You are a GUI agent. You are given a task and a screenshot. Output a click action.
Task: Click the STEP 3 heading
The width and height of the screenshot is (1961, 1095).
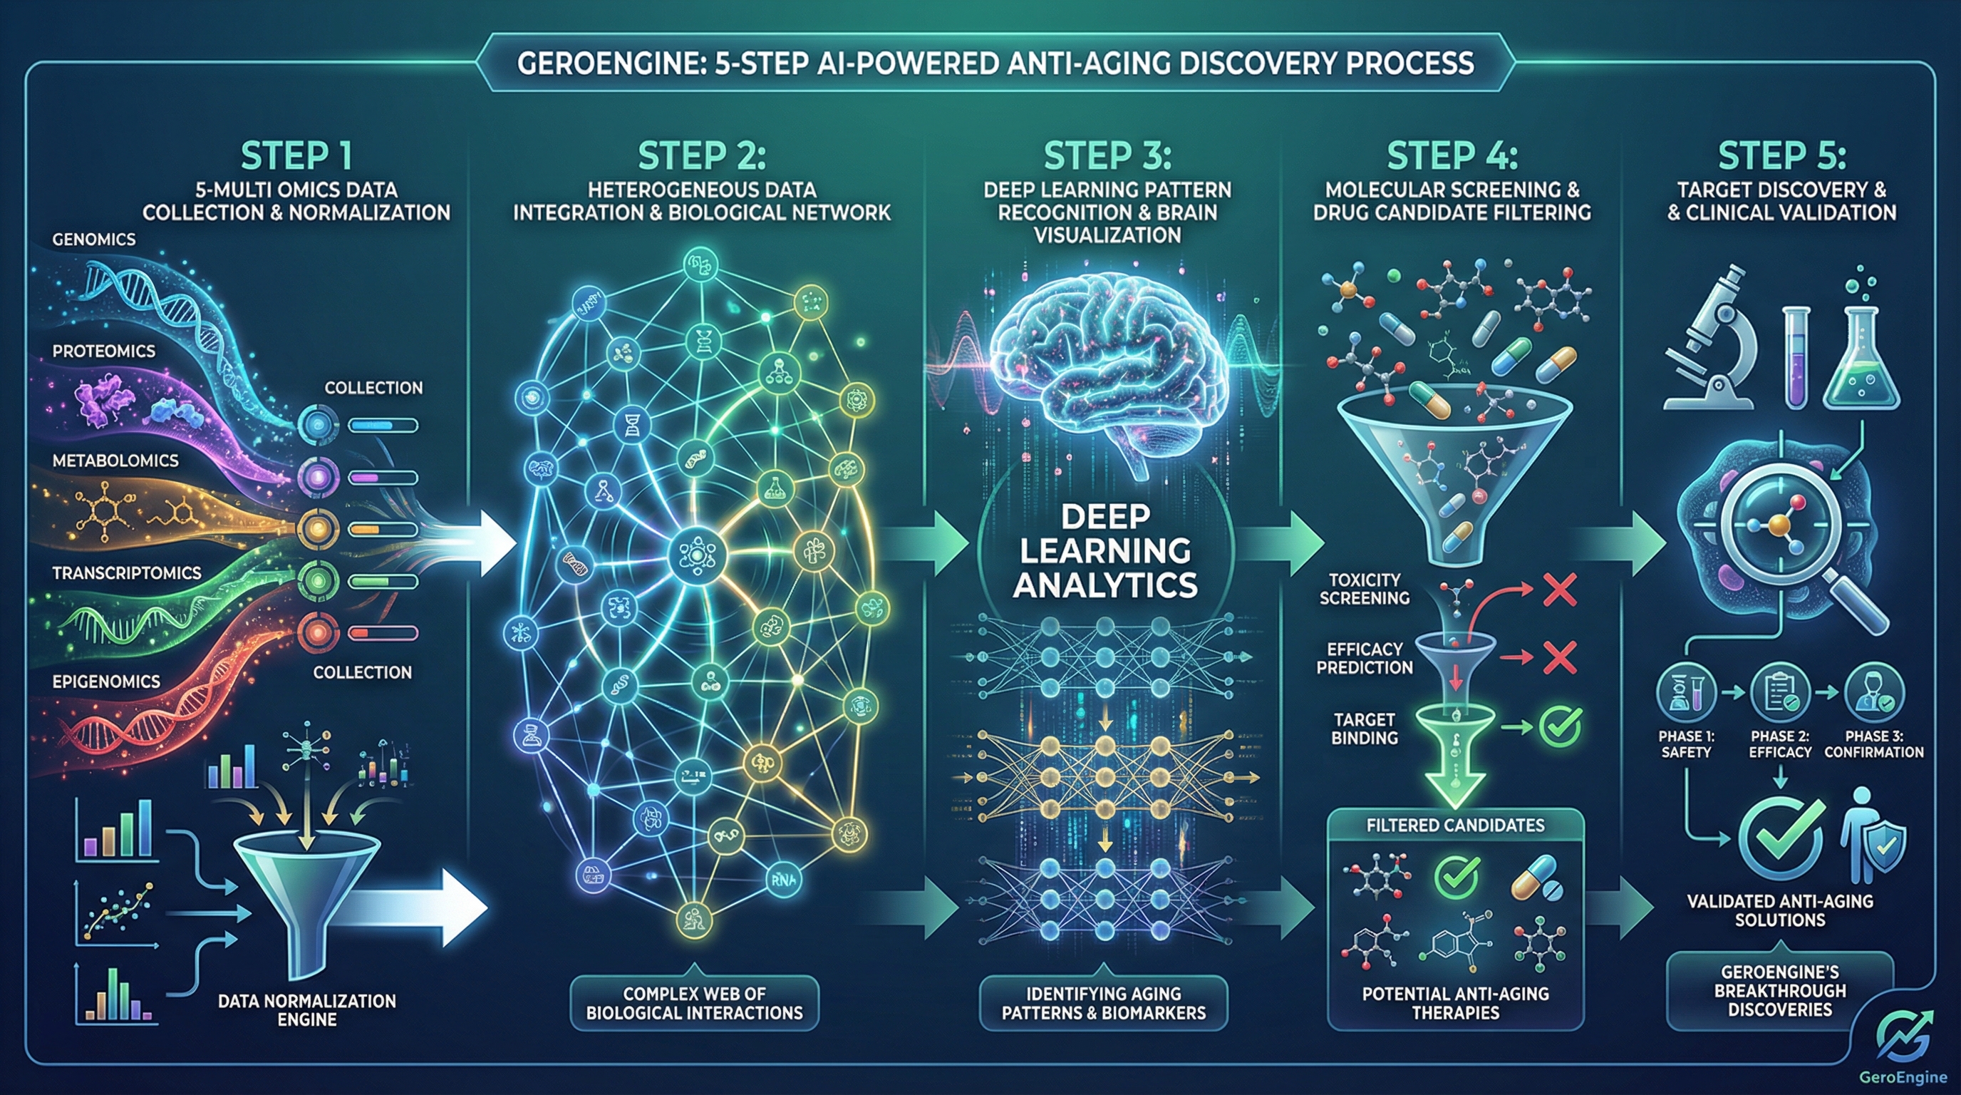(x=1107, y=156)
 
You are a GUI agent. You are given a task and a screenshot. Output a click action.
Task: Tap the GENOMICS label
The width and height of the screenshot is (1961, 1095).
(x=93, y=240)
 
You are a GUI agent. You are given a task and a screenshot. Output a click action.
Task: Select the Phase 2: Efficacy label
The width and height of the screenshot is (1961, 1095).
(x=1780, y=744)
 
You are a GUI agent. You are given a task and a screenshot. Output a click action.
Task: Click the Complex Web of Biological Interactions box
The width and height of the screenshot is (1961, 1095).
(x=693, y=1003)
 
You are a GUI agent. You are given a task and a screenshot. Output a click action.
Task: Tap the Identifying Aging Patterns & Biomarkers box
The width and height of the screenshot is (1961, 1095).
(x=1103, y=1003)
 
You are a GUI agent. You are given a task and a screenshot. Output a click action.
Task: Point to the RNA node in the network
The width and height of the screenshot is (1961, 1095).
(x=781, y=880)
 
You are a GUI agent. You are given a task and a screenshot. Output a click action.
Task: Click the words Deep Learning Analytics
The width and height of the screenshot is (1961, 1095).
(x=1105, y=550)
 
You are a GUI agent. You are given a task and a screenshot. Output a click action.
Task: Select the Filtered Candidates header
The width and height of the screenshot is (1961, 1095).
(x=1455, y=826)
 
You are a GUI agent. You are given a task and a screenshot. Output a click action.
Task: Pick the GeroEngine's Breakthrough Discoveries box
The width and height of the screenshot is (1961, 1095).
(x=1779, y=991)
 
